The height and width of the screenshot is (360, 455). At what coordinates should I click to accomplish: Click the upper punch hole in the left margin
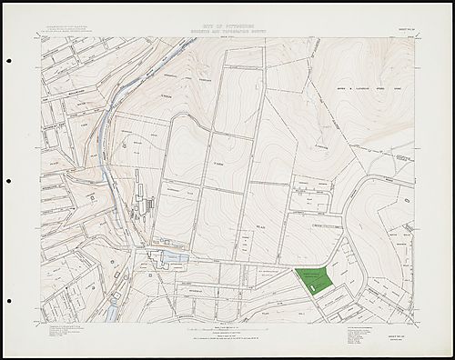click(x=7, y=61)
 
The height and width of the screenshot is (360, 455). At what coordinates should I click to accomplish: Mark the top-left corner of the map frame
click(x=41, y=37)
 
